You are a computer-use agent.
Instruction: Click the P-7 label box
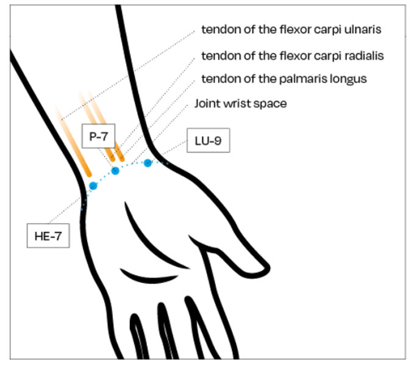[98, 138]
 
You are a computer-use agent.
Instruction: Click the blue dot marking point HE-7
[93, 185]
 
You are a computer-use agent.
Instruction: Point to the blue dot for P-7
[115, 171]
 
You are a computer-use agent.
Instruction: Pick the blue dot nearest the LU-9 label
[148, 163]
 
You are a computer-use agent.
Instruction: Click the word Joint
[207, 103]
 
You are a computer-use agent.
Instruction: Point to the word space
[272, 103]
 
